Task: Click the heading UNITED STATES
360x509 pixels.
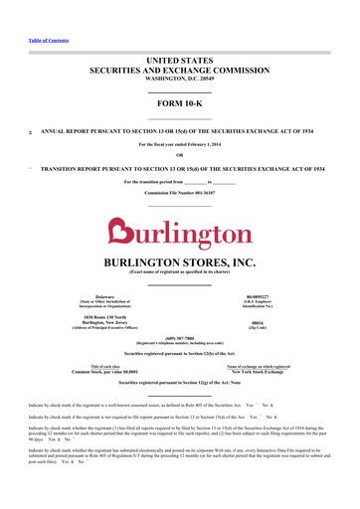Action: pos(180,62)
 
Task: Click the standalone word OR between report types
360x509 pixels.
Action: pos(180,153)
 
